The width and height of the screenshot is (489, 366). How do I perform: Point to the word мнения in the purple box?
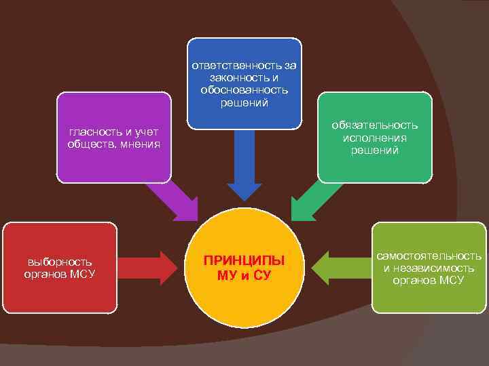point(138,143)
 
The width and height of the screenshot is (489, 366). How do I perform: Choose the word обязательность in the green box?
point(375,125)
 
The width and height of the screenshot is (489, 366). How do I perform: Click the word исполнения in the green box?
point(375,138)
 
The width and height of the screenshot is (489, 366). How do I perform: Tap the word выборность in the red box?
point(60,262)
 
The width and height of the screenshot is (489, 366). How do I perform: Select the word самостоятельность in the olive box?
point(429,256)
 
